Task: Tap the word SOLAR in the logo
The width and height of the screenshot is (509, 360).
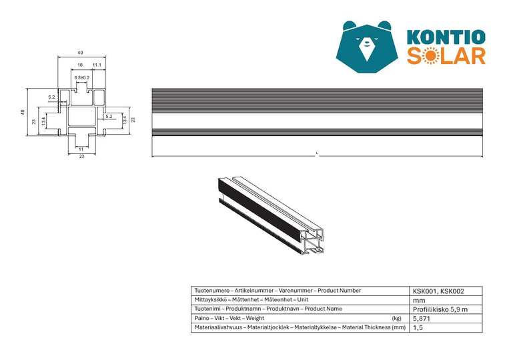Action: tap(446, 56)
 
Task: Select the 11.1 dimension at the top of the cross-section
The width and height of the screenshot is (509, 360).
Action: tap(97, 65)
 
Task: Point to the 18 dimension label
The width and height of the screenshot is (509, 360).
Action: tap(80, 65)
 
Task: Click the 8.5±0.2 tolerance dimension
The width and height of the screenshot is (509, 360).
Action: tap(81, 78)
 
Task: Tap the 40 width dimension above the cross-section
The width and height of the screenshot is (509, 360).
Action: tap(81, 52)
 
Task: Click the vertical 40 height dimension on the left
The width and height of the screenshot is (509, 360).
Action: tap(22, 112)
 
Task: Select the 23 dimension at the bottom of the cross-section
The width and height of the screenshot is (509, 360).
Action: tap(81, 156)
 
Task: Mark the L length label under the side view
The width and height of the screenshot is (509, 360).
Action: tap(317, 154)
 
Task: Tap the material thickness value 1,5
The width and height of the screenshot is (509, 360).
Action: tap(418, 328)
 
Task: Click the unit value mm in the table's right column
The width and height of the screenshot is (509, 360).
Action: tap(418, 300)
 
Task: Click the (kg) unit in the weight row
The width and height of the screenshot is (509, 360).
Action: tap(397, 319)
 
